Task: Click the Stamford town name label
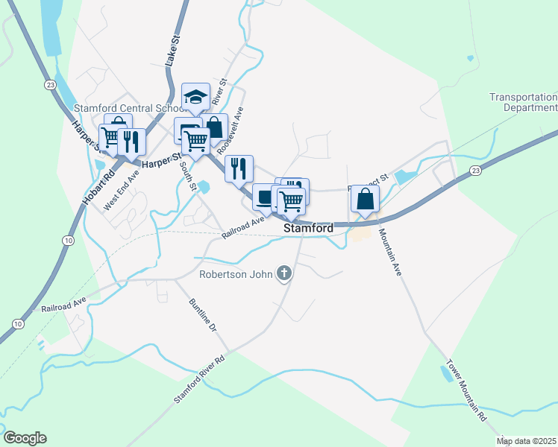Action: [308, 228]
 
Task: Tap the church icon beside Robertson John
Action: [283, 274]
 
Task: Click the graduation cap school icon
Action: [195, 97]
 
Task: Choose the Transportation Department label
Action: [523, 102]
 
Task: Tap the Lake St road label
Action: [171, 51]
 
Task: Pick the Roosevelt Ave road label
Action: [232, 129]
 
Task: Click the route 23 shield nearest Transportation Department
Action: [475, 171]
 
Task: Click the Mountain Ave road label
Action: [391, 253]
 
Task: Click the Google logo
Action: [25, 438]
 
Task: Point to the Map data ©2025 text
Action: [527, 441]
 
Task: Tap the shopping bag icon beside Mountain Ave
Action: [365, 199]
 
